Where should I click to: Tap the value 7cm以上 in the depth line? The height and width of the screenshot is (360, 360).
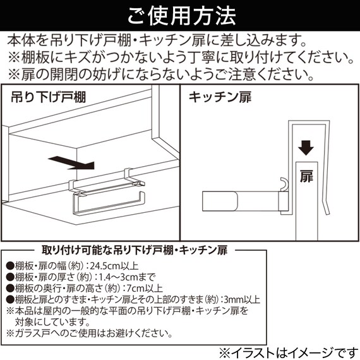[158, 288]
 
